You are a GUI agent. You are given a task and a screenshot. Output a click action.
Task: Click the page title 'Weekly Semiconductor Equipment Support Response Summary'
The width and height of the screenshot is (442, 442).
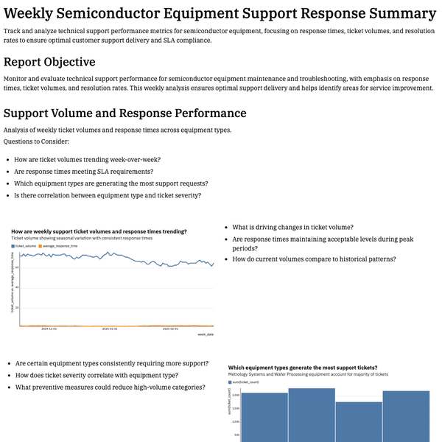click(220, 13)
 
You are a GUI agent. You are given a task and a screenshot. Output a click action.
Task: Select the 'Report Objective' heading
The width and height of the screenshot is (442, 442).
click(49, 62)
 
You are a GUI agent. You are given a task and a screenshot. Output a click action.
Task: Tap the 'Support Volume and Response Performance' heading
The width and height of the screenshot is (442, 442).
click(125, 113)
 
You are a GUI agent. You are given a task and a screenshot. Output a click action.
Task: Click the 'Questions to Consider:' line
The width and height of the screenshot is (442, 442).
click(37, 141)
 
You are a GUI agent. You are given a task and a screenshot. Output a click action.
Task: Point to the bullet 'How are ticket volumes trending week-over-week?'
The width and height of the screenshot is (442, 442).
click(88, 159)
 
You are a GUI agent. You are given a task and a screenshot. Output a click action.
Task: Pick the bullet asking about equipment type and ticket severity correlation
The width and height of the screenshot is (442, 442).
click(107, 195)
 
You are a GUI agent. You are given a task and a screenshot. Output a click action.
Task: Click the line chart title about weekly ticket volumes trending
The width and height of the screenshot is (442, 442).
click(99, 231)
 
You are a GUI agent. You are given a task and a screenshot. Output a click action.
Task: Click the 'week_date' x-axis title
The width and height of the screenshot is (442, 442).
click(206, 334)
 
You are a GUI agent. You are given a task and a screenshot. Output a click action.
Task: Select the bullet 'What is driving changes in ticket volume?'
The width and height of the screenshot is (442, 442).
click(292, 227)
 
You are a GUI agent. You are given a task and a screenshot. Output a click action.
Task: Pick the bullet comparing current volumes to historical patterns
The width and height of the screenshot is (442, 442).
click(314, 259)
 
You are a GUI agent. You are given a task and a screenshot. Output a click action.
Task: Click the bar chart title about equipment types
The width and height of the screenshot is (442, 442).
click(303, 367)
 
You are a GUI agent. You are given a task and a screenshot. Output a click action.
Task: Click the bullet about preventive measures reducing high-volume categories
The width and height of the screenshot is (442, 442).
click(110, 387)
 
